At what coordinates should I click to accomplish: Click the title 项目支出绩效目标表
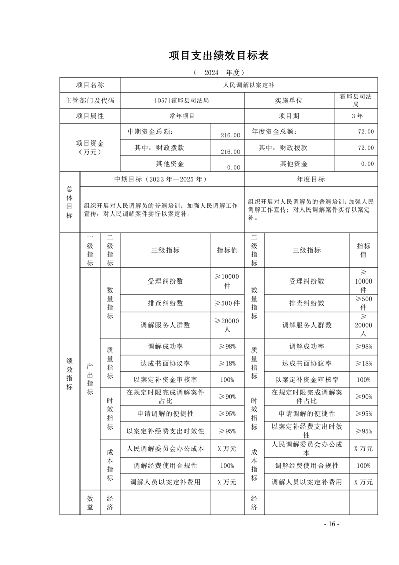coord(218,55)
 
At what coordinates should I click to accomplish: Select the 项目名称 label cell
coord(90,85)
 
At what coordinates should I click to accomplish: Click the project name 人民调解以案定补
coord(248,85)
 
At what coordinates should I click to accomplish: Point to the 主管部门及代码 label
coord(90,100)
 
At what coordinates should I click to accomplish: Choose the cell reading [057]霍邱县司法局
coord(182,100)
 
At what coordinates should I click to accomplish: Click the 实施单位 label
coord(289,100)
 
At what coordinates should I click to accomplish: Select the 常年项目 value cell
coord(182,116)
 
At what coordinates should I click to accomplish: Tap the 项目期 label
coord(289,116)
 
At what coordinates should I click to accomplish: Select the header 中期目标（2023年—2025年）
coord(161,179)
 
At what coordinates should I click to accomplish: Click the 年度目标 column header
coord(310,179)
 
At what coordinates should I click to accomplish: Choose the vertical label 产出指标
coord(90,379)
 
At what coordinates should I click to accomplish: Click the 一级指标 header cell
coord(90,250)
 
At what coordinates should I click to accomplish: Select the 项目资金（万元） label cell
coord(90,148)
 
